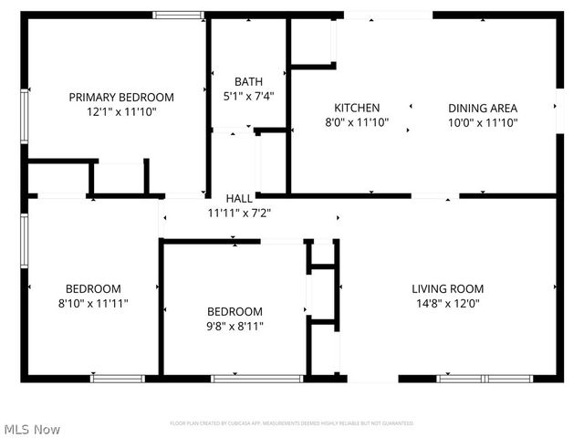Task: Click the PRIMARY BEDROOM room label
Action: coord(121,97)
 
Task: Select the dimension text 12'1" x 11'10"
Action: coord(121,112)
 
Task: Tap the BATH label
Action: coord(248,81)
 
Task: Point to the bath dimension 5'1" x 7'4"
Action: coord(248,96)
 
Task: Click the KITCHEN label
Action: coord(357,108)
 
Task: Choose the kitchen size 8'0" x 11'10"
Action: coord(357,122)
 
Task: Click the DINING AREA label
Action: coord(483,108)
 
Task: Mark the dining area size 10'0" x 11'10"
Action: coord(483,122)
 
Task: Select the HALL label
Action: coord(239,198)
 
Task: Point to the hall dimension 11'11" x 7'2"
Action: coord(239,213)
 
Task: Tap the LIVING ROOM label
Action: coord(447,289)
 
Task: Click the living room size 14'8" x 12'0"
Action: coord(447,304)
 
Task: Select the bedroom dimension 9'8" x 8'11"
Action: coord(235,326)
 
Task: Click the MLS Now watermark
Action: coord(32,429)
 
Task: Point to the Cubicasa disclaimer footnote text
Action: coord(292,423)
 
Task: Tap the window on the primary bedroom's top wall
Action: coord(178,15)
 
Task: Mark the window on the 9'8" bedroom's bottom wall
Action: coord(256,378)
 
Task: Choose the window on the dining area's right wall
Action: coord(558,107)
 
